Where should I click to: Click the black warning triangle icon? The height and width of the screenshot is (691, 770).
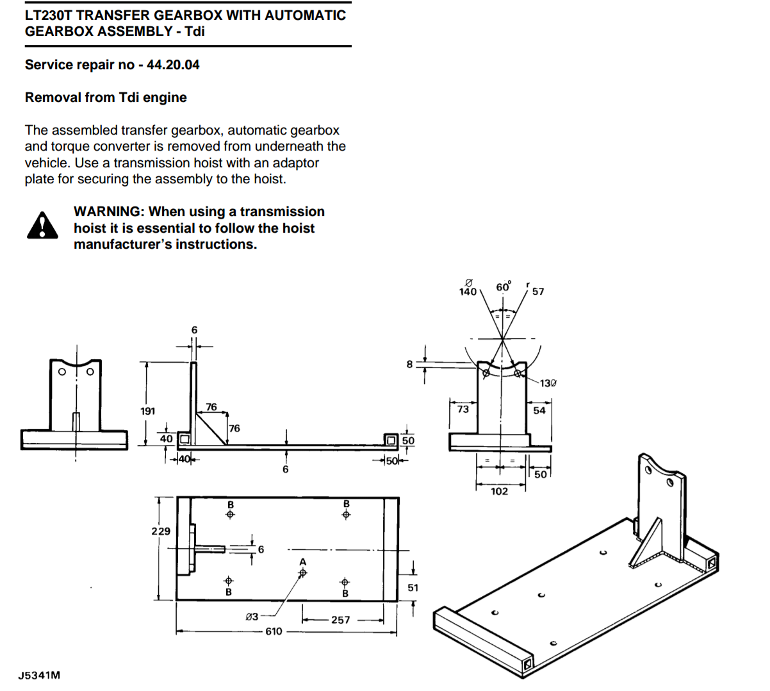pos(42,226)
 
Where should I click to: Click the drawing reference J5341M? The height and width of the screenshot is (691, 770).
pos(39,675)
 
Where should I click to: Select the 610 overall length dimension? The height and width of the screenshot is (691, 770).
pos(274,631)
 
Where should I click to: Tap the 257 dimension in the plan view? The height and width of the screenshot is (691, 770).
pos(341,620)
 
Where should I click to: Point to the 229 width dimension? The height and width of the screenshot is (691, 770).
pos(161,531)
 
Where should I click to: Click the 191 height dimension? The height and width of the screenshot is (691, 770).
pos(148,411)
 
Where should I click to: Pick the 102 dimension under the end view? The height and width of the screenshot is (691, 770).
pos(499,491)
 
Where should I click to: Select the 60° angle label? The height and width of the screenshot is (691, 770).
pos(504,287)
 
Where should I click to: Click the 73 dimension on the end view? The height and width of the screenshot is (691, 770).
pos(463,409)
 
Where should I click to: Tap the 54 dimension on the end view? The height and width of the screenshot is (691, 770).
pos(539,410)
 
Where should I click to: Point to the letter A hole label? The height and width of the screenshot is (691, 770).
pos(303,562)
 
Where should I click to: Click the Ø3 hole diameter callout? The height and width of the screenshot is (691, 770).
pos(252,617)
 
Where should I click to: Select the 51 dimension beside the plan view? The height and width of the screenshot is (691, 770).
pos(413,587)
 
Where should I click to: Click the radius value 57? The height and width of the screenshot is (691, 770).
pos(538,292)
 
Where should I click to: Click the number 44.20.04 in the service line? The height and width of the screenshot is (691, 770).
pos(173,65)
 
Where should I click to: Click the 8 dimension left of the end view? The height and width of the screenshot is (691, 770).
pos(410,364)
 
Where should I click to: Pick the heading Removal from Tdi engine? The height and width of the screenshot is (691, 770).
pos(106,97)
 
